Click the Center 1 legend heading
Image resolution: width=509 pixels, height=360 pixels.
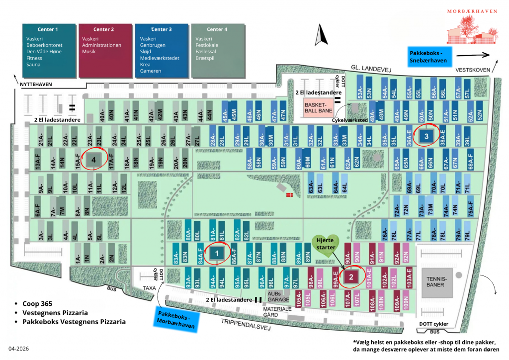click(48, 29)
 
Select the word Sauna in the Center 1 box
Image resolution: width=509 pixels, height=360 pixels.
click(34, 65)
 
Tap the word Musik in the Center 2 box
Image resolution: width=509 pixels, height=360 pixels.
click(89, 52)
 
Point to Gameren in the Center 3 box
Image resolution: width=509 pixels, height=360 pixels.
click(151, 71)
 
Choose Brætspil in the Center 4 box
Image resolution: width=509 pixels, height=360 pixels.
click(207, 58)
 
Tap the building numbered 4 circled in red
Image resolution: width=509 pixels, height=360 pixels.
click(93, 160)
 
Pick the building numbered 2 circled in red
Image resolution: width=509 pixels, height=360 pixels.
click(351, 277)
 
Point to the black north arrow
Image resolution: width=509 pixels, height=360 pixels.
click(320, 35)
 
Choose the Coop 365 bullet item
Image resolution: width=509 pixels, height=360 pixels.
click(37, 303)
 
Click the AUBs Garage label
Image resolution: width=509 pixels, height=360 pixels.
click(279, 297)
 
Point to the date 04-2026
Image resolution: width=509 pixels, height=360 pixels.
click(19, 349)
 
